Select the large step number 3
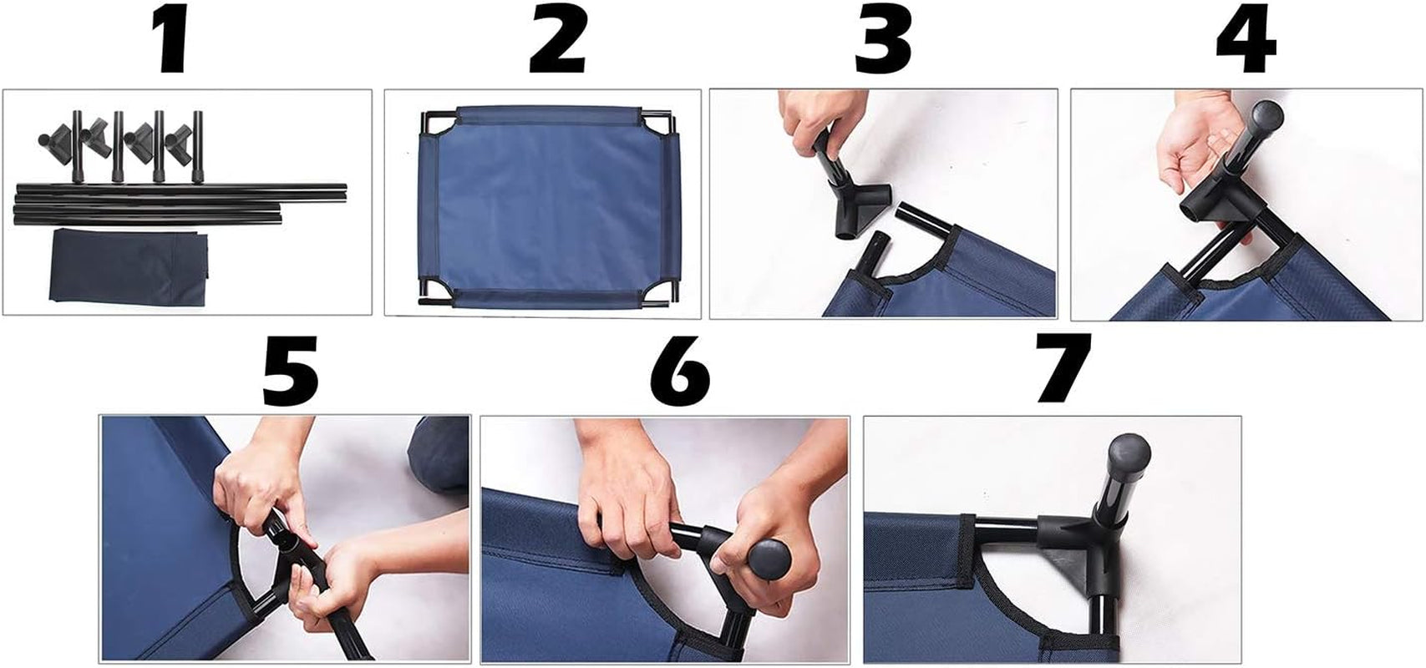(x=884, y=40)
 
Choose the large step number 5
(x=290, y=372)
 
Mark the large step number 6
(x=680, y=372)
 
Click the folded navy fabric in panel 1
(x=129, y=267)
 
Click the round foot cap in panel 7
(x=1129, y=456)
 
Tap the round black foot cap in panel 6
(x=769, y=559)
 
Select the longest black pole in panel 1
(x=182, y=190)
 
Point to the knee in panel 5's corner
(x=439, y=453)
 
